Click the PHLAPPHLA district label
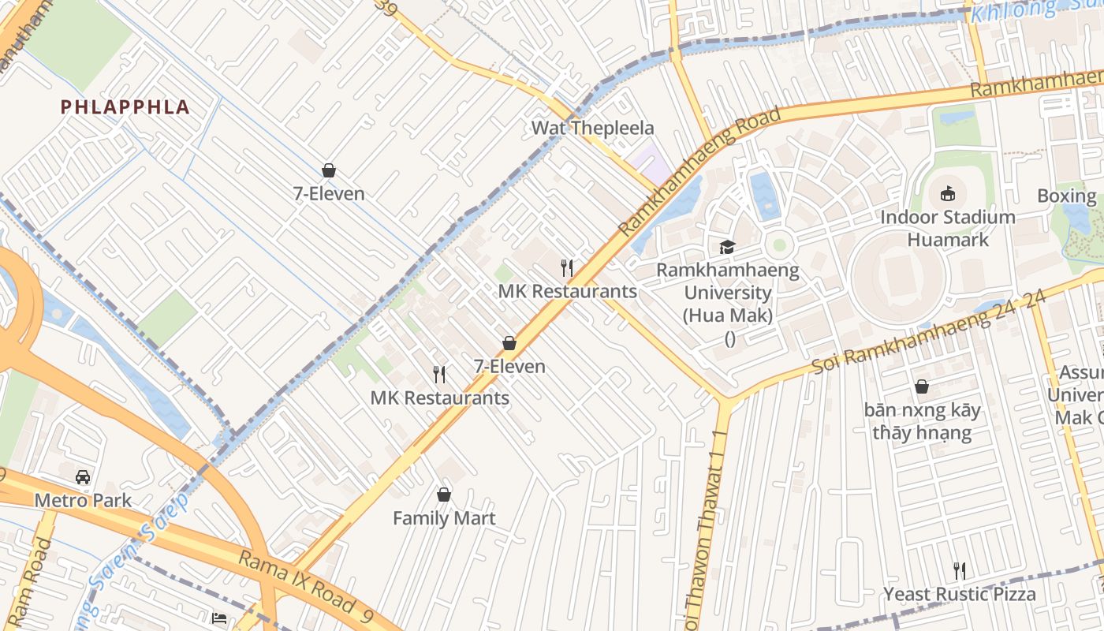click(x=125, y=107)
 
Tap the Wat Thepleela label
click(x=592, y=128)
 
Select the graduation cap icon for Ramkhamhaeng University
click(x=727, y=248)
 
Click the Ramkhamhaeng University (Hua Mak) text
click(x=728, y=293)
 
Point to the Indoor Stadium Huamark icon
click(x=948, y=193)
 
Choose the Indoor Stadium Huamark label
click(x=948, y=228)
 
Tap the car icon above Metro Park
click(x=83, y=477)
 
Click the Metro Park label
click(x=83, y=501)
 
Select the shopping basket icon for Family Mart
click(x=444, y=495)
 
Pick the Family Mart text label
click(x=444, y=518)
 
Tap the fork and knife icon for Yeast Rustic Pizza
click(x=960, y=570)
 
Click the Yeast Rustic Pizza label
click(x=960, y=594)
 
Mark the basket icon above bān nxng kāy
click(x=921, y=386)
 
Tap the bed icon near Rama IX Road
click(x=220, y=618)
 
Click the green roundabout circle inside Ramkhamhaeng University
click(x=779, y=245)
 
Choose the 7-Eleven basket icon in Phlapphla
click(x=329, y=170)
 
